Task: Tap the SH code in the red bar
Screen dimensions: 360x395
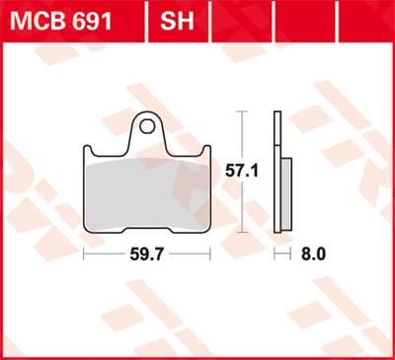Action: coord(175,17)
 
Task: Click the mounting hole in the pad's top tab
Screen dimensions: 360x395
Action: coord(146,125)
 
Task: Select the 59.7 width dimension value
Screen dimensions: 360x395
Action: coord(147,253)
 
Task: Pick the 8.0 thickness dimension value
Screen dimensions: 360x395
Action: coord(313,253)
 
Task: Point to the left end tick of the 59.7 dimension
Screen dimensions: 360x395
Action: coord(84,253)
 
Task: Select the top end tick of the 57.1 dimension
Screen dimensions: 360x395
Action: coord(242,112)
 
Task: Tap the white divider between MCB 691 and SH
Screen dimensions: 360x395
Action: coord(146,17)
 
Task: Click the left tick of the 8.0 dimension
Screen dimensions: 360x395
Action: coord(273,253)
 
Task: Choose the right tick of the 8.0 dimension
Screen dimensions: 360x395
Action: coord(292,253)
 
